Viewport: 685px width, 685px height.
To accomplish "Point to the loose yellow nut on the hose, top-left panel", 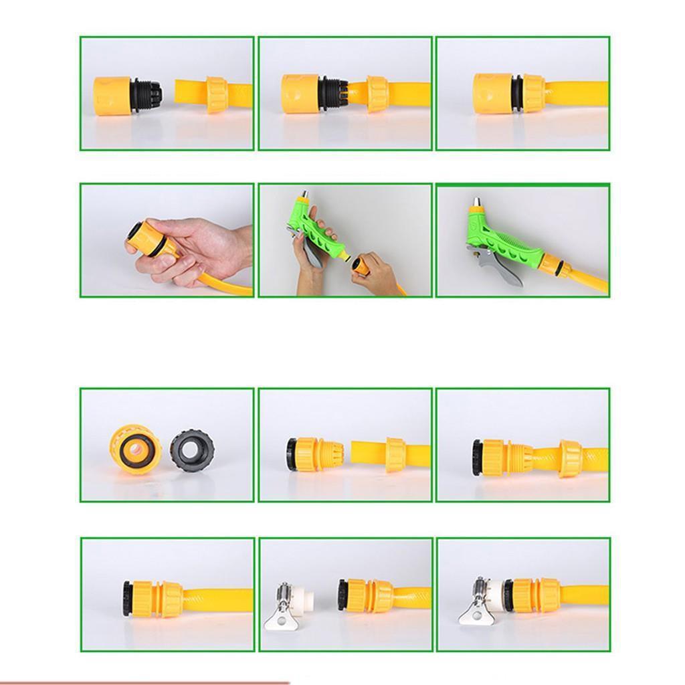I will [x=216, y=94].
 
